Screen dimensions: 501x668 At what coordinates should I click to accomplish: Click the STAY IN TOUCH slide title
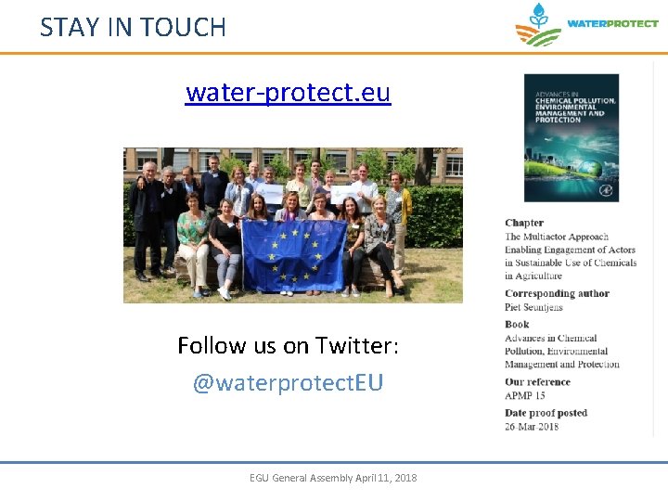(133, 27)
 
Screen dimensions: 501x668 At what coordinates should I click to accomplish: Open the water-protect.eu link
(288, 93)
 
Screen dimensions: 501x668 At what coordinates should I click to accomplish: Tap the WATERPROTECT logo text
(612, 24)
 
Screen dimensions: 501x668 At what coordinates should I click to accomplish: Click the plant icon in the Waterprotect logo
(538, 25)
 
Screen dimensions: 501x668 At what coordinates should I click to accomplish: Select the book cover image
(571, 137)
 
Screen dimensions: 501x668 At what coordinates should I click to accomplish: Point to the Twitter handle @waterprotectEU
(288, 382)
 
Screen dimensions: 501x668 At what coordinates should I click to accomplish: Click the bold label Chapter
(524, 223)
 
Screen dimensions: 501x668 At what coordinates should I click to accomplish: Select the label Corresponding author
(557, 293)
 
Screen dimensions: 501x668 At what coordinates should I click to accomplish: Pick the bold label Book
(517, 324)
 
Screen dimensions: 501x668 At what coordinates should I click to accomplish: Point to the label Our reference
(537, 381)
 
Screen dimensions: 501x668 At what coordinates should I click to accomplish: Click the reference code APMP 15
(525, 395)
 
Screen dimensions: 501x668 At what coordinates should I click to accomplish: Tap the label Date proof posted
(546, 413)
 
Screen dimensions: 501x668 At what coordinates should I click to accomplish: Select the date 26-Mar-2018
(532, 427)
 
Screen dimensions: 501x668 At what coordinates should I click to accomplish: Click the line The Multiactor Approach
(557, 237)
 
